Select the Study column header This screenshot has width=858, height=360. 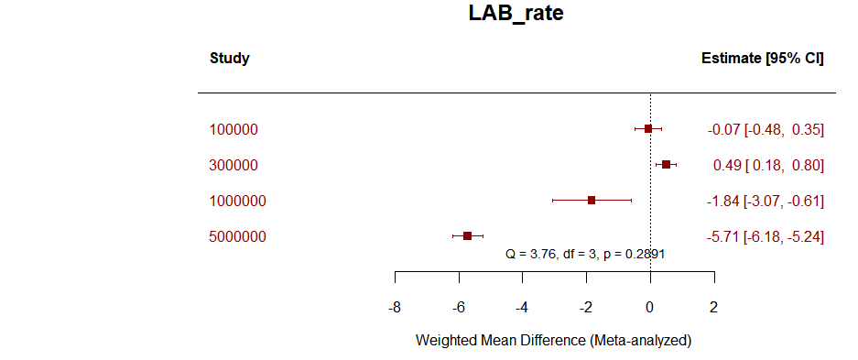coord(229,59)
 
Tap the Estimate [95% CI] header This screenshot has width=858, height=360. coord(762,59)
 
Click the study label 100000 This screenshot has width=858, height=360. coord(234,129)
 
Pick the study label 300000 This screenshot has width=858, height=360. coord(234,165)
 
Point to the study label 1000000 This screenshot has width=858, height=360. coord(237,201)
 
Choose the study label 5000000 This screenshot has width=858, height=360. coord(237,236)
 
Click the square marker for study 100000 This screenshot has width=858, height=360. coord(648,129)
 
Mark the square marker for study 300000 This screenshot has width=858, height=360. coord(666,164)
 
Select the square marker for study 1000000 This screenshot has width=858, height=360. coord(592,200)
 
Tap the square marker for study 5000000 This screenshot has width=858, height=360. coord(467,235)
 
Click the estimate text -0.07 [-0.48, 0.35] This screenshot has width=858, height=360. coord(766,129)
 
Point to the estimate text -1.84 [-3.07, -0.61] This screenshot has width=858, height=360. coord(766,201)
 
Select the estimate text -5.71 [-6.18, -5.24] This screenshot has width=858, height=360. coord(766,236)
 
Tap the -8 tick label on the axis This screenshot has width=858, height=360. coord(395,307)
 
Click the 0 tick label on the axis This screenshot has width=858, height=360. coord(650,307)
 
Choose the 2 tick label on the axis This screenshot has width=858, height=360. coord(713,307)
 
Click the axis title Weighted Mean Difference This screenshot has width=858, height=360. coord(553,340)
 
